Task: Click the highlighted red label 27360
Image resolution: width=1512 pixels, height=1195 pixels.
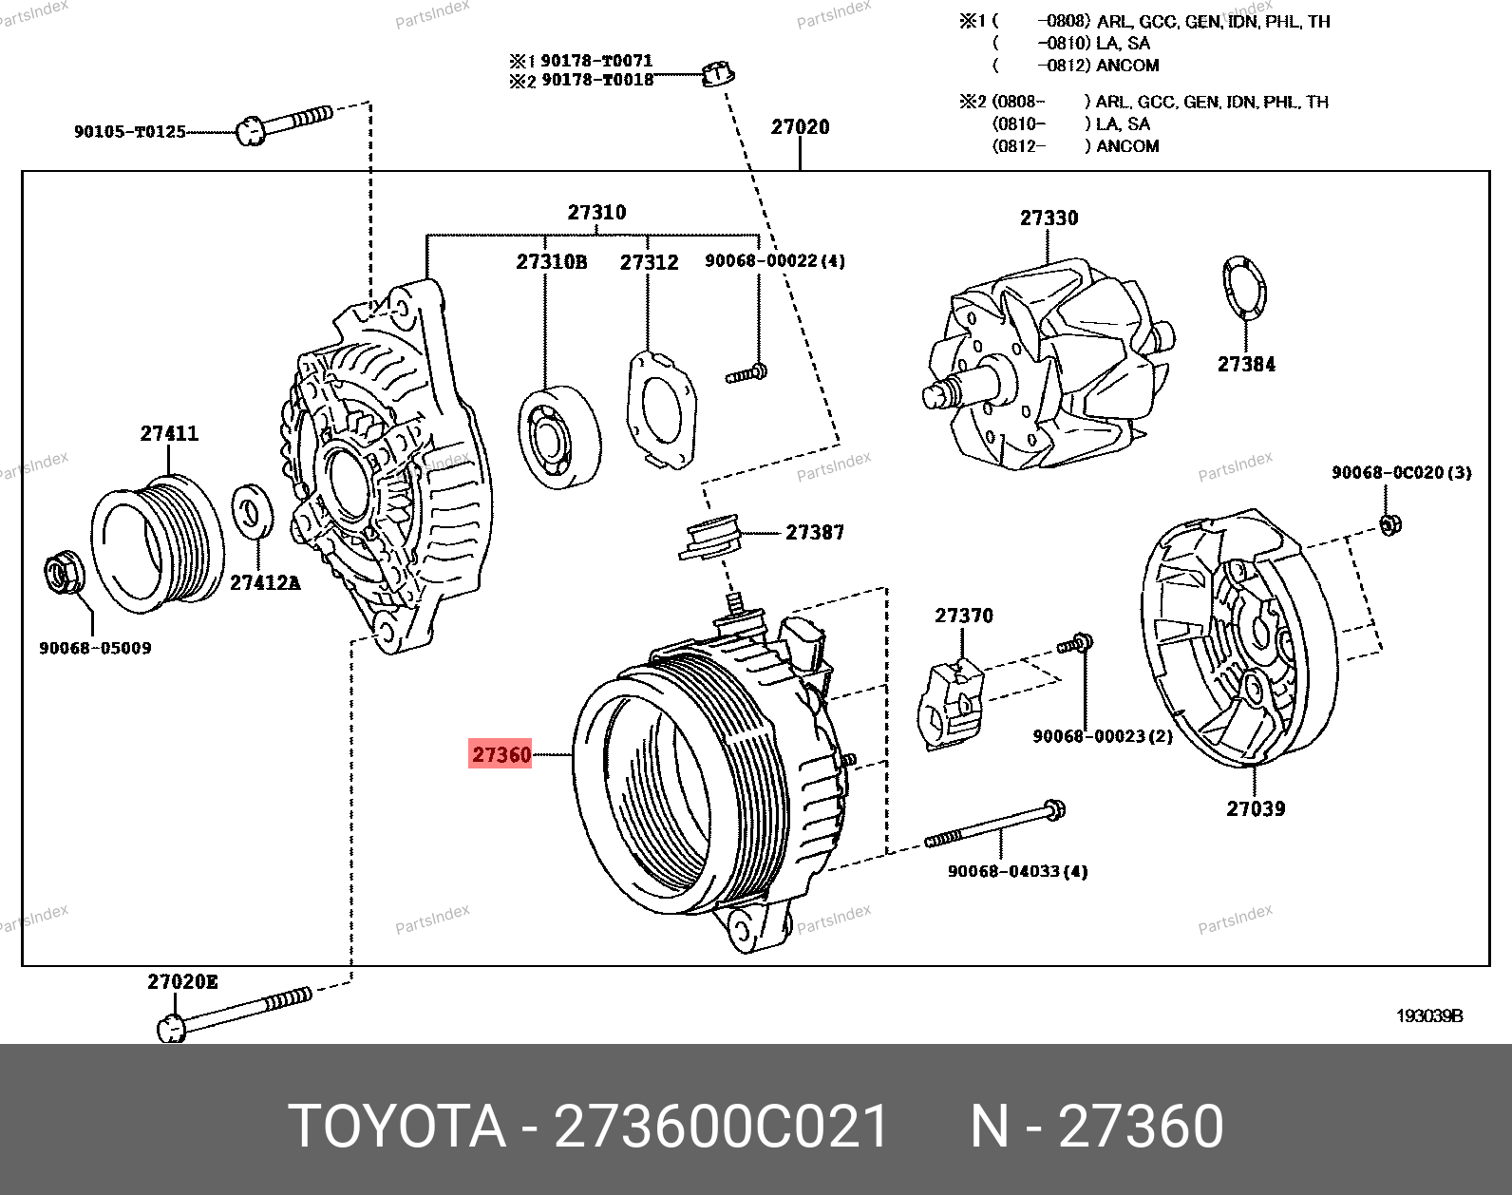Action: [x=501, y=754]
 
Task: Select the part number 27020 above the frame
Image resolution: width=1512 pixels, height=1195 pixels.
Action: [x=801, y=127]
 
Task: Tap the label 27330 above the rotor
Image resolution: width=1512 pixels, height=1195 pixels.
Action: [x=1049, y=218]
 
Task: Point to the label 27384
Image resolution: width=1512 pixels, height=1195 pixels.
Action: [x=1246, y=364]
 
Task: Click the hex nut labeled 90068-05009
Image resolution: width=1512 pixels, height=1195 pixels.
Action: [x=64, y=572]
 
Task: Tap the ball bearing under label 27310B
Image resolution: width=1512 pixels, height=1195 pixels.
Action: [x=560, y=437]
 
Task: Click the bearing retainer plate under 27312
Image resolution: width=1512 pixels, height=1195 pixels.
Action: [x=661, y=410]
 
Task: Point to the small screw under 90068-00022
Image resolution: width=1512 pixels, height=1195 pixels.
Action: [x=747, y=374]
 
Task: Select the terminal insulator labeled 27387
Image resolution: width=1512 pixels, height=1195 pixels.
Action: [x=709, y=537]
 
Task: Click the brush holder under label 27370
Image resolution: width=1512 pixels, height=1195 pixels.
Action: [x=951, y=705]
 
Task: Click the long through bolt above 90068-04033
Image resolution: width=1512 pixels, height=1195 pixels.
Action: [x=995, y=824]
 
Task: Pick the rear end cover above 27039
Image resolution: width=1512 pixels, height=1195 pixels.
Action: [x=1240, y=638]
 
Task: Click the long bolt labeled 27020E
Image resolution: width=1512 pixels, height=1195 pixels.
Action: [x=235, y=1014]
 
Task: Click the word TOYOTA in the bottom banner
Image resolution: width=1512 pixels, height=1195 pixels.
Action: [x=397, y=1127]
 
